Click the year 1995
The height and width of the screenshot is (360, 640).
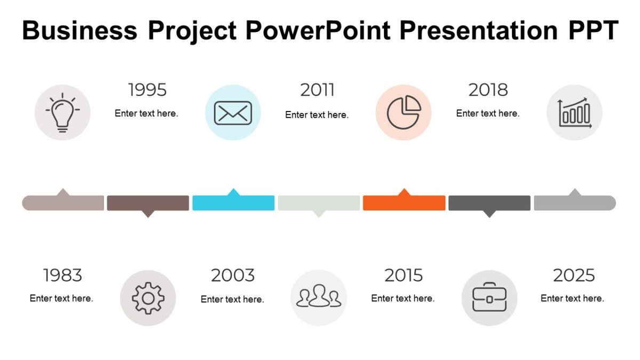[147, 90]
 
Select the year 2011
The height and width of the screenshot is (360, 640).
[317, 90]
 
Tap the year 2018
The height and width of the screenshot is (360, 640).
[488, 90]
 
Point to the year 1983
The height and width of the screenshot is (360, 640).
[62, 275]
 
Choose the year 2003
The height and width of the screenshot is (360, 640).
[233, 275]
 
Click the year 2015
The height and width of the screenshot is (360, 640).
[403, 275]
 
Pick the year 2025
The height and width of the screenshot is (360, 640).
[574, 275]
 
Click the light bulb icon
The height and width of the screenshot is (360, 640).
[62, 113]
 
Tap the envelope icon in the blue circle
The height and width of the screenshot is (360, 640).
[233, 113]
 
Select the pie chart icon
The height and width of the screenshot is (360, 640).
[404, 113]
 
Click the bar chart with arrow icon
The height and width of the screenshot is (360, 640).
[574, 113]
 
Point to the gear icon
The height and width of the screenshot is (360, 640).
[148, 298]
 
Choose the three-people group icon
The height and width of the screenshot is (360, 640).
[318, 298]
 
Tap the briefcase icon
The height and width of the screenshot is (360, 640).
[489, 298]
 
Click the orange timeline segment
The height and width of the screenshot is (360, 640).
[404, 203]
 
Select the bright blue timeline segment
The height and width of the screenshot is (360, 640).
[233, 203]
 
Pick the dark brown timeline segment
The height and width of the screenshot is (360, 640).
[148, 203]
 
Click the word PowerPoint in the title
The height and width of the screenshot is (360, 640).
[317, 30]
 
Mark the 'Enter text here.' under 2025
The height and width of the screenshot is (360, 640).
[572, 298]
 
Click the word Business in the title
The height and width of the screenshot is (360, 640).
[79, 30]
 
